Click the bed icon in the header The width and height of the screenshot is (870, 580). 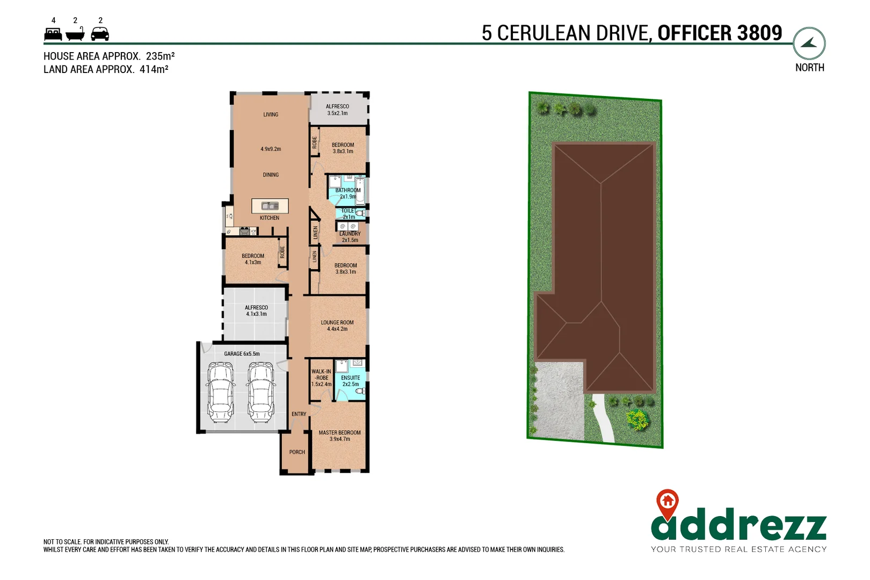pos(53,34)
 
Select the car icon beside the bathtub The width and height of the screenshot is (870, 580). pos(100,34)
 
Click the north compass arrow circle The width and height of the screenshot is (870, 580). pos(809,44)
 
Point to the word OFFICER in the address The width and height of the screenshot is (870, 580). pos(693,33)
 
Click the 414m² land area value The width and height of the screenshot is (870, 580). pos(154,69)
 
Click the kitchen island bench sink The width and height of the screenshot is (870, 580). pos(270,206)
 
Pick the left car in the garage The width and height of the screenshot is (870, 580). pos(221,392)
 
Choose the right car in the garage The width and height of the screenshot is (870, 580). pos(261,392)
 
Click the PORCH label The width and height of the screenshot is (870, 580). pos(297,452)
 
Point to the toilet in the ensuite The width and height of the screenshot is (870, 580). pos(360,392)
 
